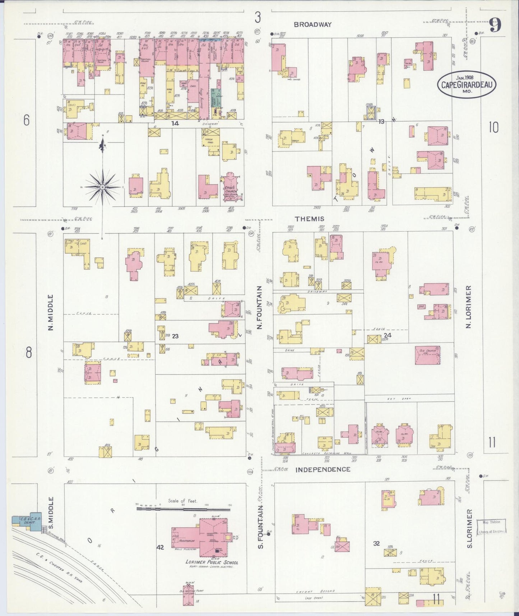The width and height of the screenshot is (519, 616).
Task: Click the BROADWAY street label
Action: (x=312, y=24)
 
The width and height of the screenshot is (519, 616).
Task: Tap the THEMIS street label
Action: (x=310, y=219)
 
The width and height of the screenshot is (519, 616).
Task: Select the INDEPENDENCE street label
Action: (x=323, y=469)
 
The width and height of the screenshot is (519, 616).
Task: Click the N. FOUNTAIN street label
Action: (x=260, y=307)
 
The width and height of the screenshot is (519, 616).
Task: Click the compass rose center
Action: (x=103, y=187)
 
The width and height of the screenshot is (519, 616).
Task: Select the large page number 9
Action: (x=495, y=26)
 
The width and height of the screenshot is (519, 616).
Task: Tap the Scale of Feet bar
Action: (x=183, y=509)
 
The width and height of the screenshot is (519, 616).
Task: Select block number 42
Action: (x=160, y=547)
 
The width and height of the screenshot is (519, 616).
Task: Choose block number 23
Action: (x=175, y=336)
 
